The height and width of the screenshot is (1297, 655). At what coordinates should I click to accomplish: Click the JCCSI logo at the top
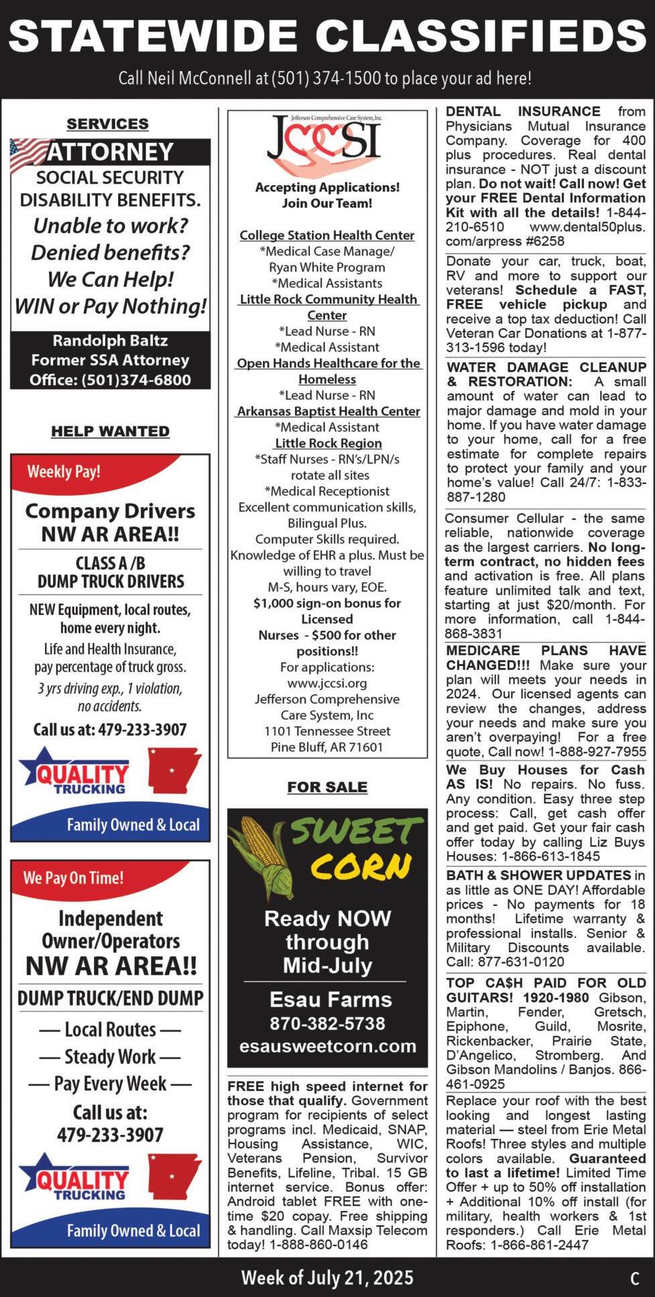326,142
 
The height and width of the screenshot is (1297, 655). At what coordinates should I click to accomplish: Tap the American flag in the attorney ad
28,154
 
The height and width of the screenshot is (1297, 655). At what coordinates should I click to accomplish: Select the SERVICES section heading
107,123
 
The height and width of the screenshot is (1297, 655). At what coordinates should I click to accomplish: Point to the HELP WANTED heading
110,431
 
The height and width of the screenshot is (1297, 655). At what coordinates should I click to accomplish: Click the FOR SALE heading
327,787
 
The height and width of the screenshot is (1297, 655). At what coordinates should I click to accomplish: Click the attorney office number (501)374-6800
136,380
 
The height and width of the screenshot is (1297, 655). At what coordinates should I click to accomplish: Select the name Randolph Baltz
110,341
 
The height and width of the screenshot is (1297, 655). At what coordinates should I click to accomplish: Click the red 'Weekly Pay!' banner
64,471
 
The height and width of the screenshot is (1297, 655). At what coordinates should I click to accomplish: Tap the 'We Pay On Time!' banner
74,877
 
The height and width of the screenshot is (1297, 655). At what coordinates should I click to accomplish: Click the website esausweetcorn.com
328,1046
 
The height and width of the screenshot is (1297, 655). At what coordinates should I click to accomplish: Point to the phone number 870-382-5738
327,1023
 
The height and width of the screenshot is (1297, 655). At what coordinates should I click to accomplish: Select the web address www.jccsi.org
326,683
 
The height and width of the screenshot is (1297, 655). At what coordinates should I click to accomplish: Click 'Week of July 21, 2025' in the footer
327,1277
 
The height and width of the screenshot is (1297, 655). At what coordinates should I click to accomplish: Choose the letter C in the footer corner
634,1278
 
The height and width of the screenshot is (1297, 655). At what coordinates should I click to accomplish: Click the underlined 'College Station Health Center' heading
327,235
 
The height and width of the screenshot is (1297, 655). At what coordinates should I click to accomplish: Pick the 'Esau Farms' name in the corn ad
331,999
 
